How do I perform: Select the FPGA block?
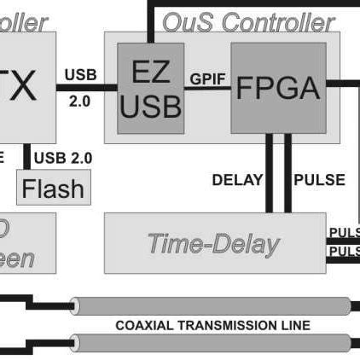click(x=277, y=88)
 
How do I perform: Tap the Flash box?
click(x=52, y=188)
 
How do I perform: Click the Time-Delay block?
click(x=213, y=243)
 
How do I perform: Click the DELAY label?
click(x=237, y=180)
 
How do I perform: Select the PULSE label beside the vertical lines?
click(x=319, y=180)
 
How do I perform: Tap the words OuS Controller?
click(x=247, y=20)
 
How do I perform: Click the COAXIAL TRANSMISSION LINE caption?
click(x=212, y=325)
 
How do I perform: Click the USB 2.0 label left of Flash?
click(x=61, y=157)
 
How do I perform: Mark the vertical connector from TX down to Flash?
click(x=28, y=158)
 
